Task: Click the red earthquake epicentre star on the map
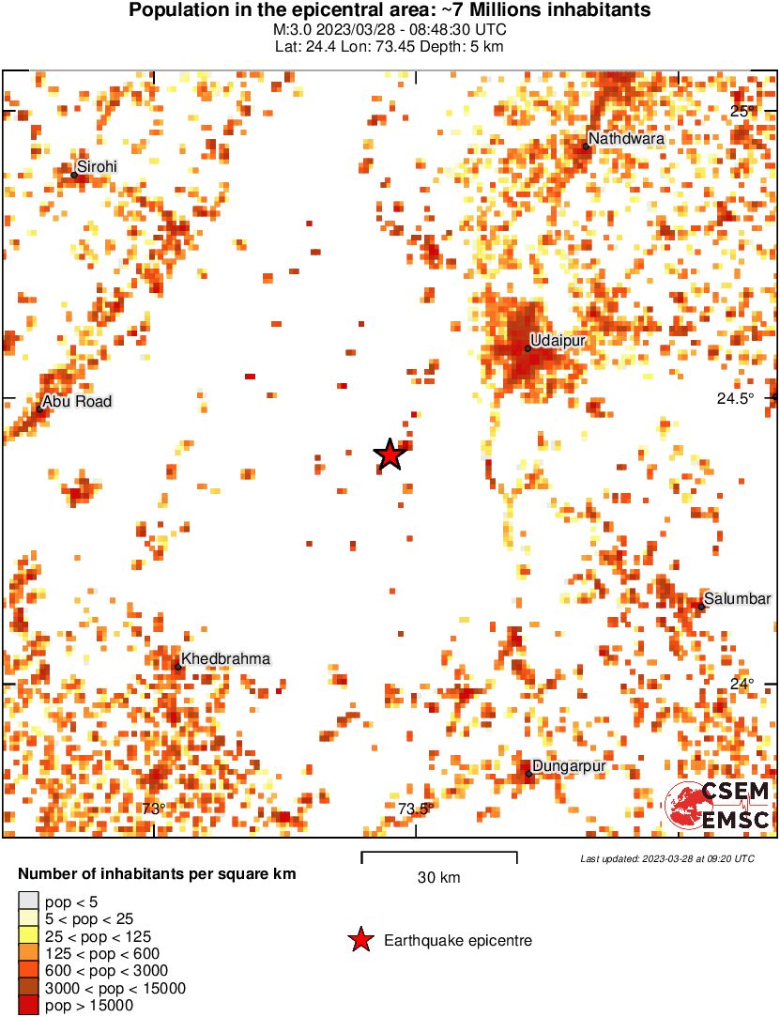390,455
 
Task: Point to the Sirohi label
98,166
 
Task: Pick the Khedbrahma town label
225,659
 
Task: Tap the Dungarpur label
569,766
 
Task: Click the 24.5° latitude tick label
736,398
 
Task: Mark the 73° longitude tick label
154,809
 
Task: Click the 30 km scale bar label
439,878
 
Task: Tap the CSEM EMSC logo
718,807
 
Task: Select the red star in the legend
359,940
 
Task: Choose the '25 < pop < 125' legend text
98,936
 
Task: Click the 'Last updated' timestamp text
666,858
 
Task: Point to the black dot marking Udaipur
528,348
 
